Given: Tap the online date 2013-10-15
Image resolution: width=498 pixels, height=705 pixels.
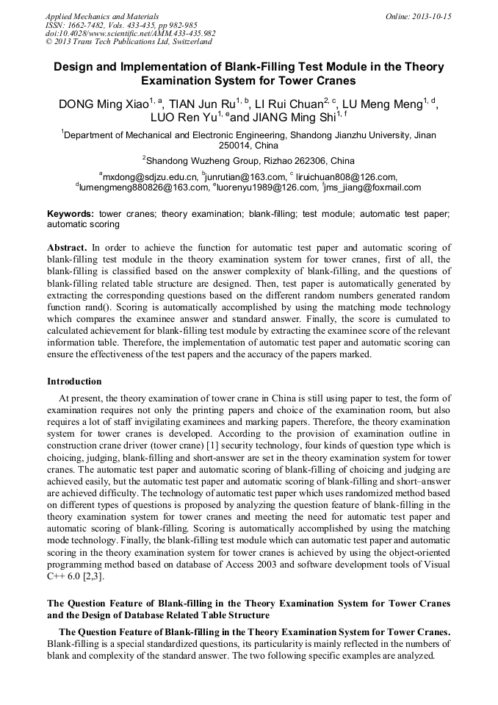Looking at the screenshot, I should (x=433, y=16).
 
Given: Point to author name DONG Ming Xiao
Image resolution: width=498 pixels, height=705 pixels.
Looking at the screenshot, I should (x=104, y=104).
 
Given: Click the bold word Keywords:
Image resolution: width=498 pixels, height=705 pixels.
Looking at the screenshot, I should (x=71, y=213).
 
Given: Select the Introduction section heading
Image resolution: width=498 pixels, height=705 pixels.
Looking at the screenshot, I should (x=74, y=382).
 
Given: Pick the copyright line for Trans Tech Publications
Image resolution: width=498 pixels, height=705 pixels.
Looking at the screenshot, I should (x=129, y=43).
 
